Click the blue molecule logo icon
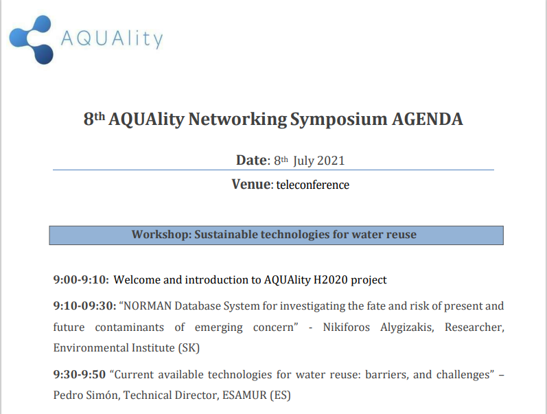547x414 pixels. [x=32, y=39]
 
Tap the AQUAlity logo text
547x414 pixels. [x=112, y=38]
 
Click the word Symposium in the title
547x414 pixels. [x=339, y=120]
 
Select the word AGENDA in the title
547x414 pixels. [x=428, y=119]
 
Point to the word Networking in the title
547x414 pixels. [x=237, y=119]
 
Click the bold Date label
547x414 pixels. [x=251, y=160]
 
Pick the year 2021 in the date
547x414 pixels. [x=331, y=161]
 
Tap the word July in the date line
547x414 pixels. [x=303, y=161]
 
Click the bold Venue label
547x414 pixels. [x=251, y=184]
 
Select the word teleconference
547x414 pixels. [x=312, y=185]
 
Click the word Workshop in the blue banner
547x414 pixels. [x=161, y=234]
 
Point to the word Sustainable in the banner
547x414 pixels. [x=226, y=234]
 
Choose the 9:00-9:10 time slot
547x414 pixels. [x=81, y=279]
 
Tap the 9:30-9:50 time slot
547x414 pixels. [x=79, y=374]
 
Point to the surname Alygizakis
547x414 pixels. [x=407, y=327]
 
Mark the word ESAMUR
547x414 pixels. [x=244, y=395]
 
